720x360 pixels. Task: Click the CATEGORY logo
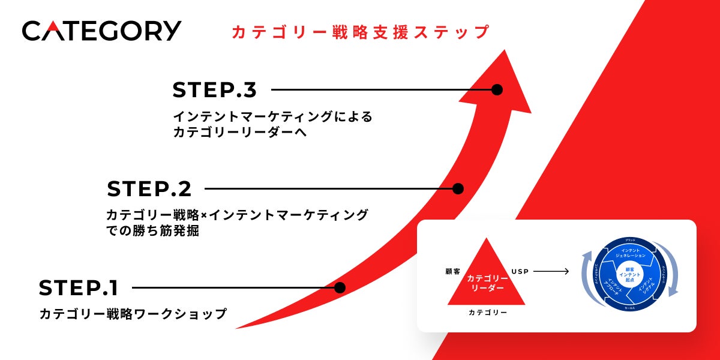coord(101,31)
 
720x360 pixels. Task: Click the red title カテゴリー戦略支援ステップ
coord(360,32)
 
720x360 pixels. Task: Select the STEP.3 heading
coord(214,90)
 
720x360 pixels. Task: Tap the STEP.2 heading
coord(149,189)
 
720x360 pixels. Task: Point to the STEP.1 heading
coord(79,288)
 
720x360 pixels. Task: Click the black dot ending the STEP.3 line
coord(497,90)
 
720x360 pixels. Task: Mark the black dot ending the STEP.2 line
coord(458,189)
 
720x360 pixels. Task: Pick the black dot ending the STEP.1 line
coord(340,288)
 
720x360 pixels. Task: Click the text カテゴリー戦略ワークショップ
coord(133,314)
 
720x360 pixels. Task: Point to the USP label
coord(520,272)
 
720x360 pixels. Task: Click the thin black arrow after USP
coord(551,272)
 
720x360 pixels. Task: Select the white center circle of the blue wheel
coord(629,275)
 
